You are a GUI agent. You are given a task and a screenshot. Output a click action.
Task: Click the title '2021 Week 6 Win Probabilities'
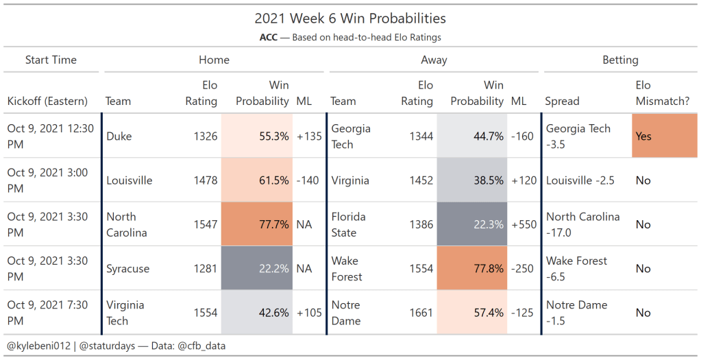[350, 19]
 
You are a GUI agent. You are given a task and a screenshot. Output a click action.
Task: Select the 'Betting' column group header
[619, 60]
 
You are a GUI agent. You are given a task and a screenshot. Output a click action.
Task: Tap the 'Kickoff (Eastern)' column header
[47, 101]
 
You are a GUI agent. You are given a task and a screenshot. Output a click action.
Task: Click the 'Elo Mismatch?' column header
[662, 93]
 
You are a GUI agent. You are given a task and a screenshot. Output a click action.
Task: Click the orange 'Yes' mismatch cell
[663, 136]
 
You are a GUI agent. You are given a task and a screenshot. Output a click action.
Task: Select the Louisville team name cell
[130, 180]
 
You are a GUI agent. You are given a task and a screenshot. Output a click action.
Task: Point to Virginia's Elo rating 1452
[419, 180]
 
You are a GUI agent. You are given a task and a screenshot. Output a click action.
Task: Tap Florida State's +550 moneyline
[524, 224]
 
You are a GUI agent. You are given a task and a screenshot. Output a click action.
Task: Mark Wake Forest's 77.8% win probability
[472, 269]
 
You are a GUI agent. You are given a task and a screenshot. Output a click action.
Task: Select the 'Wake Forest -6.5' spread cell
[576, 269]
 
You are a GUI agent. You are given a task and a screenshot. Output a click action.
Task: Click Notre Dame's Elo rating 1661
[419, 313]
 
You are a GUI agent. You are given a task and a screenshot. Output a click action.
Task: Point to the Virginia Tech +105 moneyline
[309, 313]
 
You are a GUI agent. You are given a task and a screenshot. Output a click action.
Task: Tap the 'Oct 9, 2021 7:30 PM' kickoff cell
[47, 313]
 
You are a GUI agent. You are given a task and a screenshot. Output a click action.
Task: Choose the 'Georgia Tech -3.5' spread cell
[578, 136]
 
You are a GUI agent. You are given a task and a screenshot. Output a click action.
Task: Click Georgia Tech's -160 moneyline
[523, 136]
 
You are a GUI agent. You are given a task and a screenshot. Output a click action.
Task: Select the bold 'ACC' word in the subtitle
[268, 38]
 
